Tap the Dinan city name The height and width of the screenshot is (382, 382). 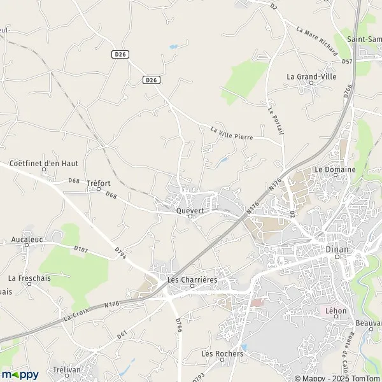point(337,249)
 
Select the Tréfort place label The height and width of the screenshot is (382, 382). point(98,181)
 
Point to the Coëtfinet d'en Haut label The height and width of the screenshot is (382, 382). point(44,162)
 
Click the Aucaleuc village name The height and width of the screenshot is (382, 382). point(26,240)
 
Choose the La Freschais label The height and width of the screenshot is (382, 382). point(29,278)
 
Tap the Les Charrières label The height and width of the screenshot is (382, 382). point(192,279)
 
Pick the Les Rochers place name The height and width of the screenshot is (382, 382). point(222,353)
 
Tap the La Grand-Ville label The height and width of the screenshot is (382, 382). point(312,76)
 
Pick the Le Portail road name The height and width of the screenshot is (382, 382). point(275,119)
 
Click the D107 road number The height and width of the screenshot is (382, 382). point(80,249)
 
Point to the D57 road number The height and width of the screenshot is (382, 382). point(346,61)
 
